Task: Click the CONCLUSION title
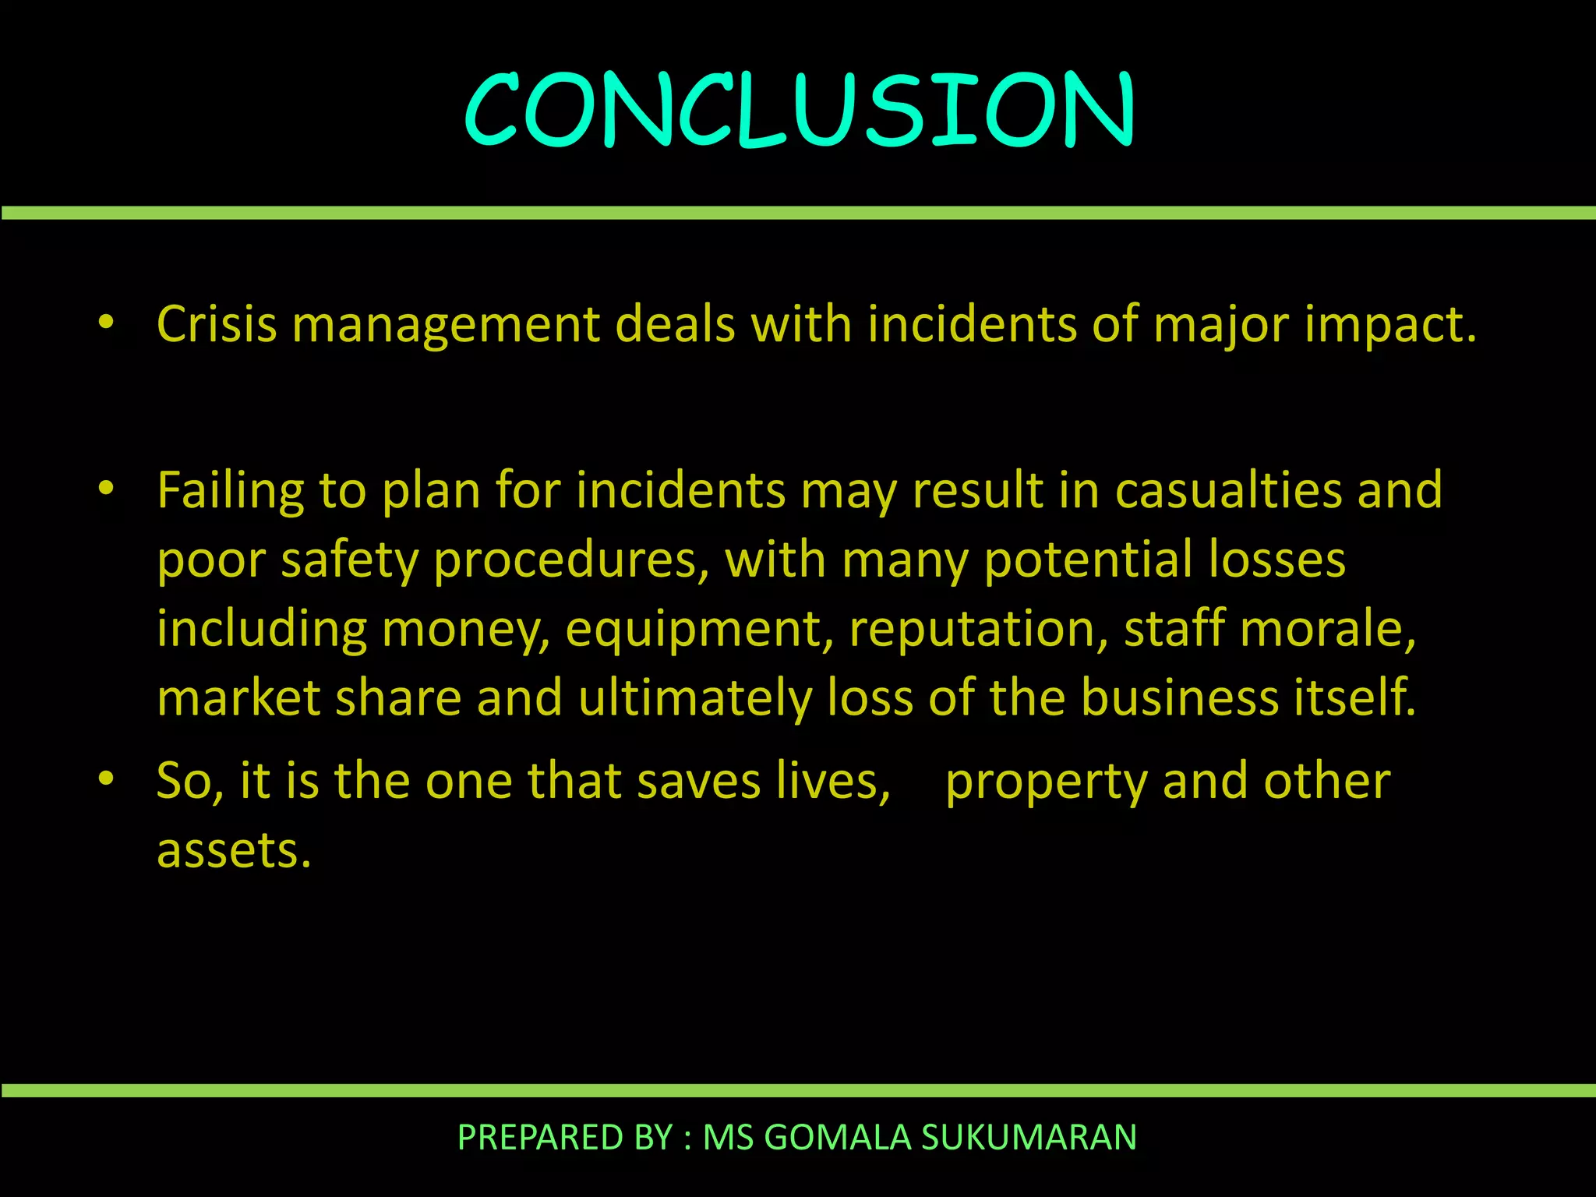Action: [799, 109]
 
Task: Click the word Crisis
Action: [217, 324]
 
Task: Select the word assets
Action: [234, 850]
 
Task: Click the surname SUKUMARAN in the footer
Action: [1029, 1138]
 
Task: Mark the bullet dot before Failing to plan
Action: [107, 489]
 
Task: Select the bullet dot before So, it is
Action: [107, 779]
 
